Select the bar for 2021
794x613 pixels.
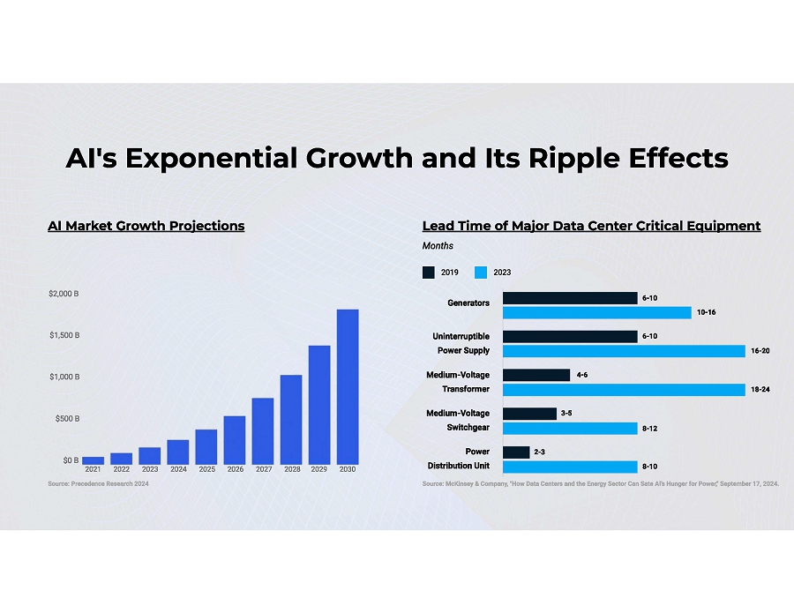point(94,460)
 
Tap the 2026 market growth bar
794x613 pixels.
point(235,440)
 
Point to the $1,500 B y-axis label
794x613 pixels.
point(64,335)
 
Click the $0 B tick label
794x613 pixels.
point(70,460)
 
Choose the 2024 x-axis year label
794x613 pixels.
point(178,469)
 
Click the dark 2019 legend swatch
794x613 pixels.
point(429,273)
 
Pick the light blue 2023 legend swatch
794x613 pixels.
point(481,273)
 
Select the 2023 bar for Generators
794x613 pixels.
point(596,312)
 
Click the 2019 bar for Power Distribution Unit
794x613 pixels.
point(516,452)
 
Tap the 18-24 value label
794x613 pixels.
point(760,389)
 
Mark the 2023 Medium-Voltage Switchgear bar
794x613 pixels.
point(570,428)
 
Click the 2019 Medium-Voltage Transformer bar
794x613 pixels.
point(536,375)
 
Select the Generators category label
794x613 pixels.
point(468,303)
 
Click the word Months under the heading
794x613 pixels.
point(438,246)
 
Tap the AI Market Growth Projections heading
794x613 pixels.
point(146,226)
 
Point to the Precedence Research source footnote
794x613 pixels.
point(99,484)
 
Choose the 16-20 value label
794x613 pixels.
point(760,351)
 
